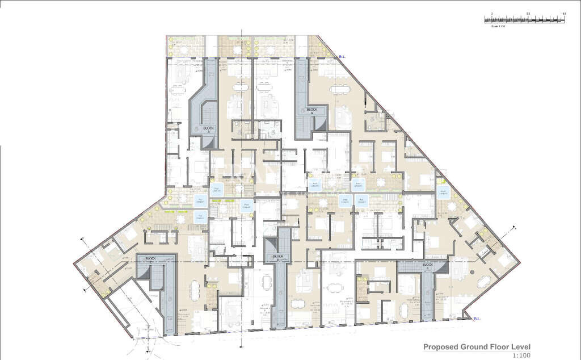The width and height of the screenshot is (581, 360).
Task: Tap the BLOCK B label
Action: [x=312, y=111]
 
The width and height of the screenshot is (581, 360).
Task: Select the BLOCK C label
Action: [x=150, y=259]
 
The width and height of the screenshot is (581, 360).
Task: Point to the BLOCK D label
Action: [x=277, y=257]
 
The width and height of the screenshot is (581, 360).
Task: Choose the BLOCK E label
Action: [x=428, y=266]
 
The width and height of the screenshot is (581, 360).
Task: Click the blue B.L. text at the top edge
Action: [x=342, y=56]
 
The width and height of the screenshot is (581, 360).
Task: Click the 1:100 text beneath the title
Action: [x=520, y=355]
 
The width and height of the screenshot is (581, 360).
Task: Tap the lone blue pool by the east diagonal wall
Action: [x=443, y=191]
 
